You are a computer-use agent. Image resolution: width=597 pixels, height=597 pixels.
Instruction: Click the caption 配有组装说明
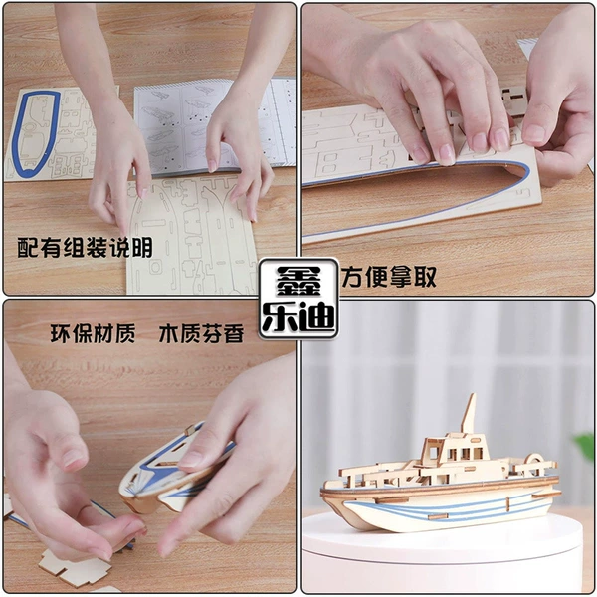click(x=85, y=248)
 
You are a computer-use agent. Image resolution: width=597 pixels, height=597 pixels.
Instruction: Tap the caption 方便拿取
click(x=388, y=277)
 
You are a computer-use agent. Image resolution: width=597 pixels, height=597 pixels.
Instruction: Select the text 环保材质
click(x=93, y=334)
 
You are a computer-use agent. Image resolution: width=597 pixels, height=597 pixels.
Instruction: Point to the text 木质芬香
click(x=201, y=334)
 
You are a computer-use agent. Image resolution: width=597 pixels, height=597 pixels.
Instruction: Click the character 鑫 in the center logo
click(x=298, y=281)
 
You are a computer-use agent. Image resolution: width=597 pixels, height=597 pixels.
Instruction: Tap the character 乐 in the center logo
click(x=279, y=317)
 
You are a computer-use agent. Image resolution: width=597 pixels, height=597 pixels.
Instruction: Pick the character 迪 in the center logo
click(x=316, y=317)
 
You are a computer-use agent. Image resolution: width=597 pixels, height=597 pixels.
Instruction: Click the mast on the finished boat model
click(x=470, y=413)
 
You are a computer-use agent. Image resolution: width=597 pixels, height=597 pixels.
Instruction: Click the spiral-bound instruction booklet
click(x=213, y=125)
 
